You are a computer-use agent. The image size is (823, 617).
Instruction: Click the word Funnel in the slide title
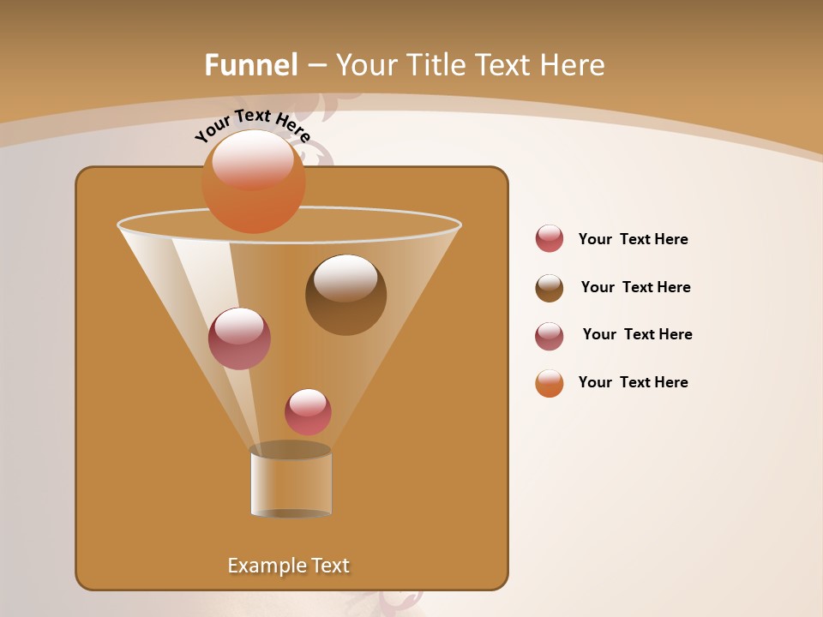click(x=250, y=65)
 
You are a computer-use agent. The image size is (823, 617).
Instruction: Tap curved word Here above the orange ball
click(x=292, y=129)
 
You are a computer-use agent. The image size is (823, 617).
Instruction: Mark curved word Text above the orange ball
click(x=252, y=116)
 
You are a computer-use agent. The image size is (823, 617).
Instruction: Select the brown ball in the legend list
click(x=550, y=288)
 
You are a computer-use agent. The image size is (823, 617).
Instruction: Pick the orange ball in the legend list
click(x=550, y=383)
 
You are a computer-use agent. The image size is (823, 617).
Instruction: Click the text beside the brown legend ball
click(x=635, y=287)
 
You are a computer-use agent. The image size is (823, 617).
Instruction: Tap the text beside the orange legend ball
click(x=633, y=382)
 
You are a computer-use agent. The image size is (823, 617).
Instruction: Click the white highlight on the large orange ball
click(x=253, y=159)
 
